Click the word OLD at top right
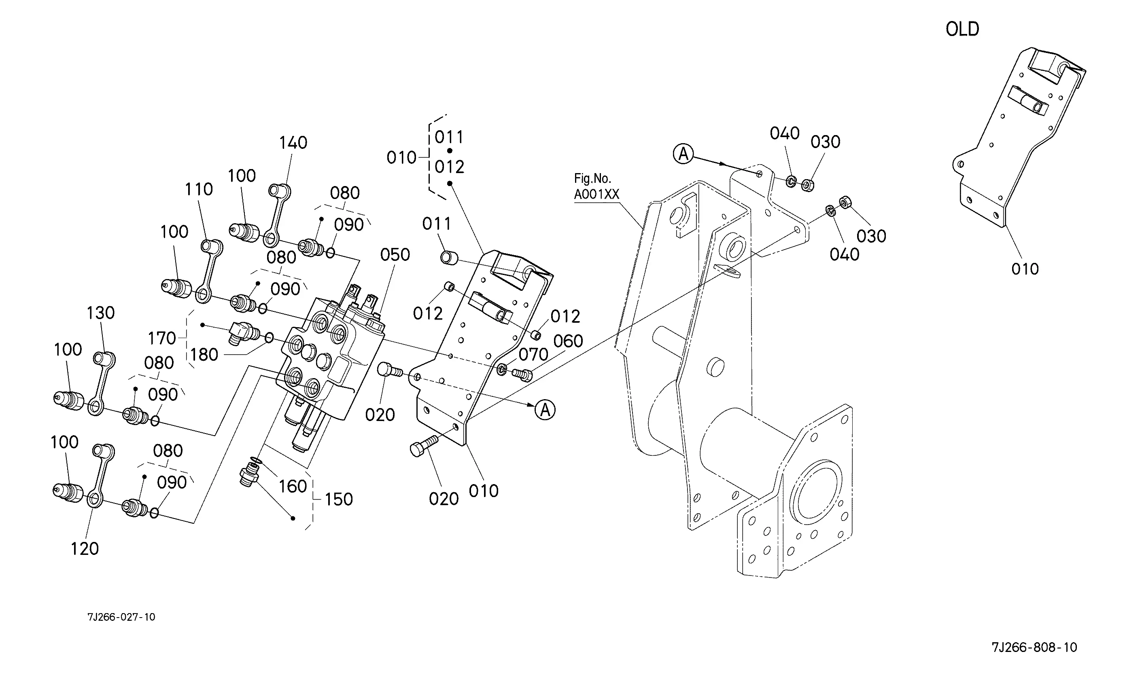[x=962, y=29]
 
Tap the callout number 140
[x=293, y=143]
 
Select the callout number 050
[x=395, y=255]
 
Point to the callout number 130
[x=100, y=313]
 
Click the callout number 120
[x=85, y=549]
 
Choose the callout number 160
[x=293, y=487]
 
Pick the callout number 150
[x=338, y=499]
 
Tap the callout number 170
[x=161, y=339]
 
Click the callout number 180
[x=204, y=355]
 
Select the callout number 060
[x=568, y=341]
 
